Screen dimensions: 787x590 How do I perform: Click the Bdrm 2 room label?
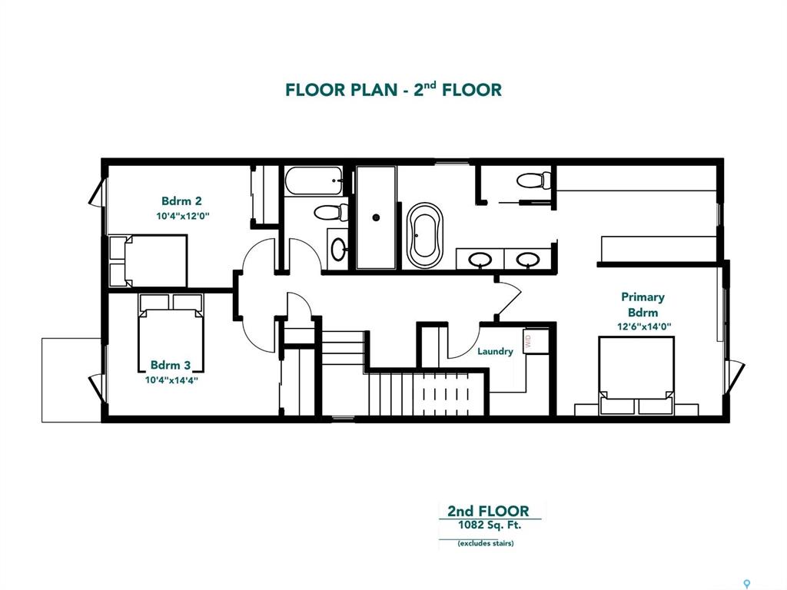[181, 201]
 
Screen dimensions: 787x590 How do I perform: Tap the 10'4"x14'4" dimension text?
[171, 380]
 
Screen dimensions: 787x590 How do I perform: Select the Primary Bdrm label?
[643, 304]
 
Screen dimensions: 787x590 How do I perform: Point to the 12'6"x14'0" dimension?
[644, 326]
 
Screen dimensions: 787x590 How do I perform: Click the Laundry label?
[495, 351]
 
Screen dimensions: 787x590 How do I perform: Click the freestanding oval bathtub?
[424, 235]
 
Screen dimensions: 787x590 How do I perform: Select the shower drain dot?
[376, 217]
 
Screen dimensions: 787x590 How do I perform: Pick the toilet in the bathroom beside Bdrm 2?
[330, 212]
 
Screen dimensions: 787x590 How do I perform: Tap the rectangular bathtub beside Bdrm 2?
[314, 181]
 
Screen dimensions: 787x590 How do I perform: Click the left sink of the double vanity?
[480, 260]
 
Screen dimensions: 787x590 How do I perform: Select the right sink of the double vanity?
[528, 260]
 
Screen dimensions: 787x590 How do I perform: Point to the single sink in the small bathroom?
[338, 249]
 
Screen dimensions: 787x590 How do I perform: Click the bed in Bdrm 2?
[148, 261]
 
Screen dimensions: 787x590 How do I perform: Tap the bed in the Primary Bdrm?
[636, 376]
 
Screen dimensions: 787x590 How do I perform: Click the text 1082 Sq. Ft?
[490, 525]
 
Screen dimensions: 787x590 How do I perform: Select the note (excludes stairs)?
[486, 543]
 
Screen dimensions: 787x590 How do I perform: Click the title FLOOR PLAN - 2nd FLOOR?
[393, 89]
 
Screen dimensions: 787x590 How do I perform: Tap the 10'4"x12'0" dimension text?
[182, 216]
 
